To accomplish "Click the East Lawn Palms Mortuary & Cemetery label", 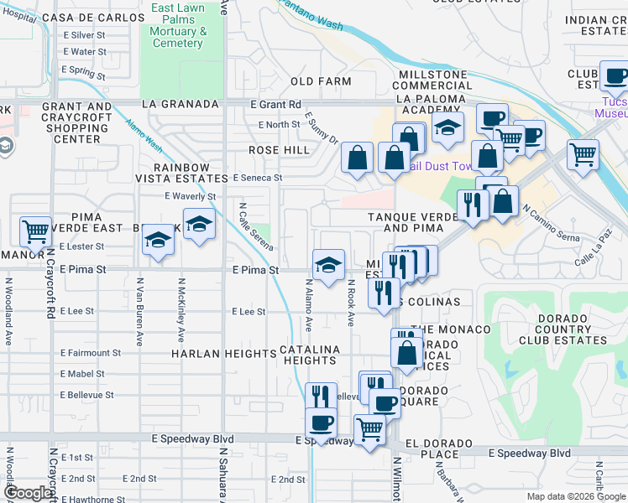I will pos(178,25).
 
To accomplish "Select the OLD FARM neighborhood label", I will pos(321,81).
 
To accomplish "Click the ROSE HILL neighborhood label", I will pos(279,149).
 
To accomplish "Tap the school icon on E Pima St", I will pos(329,265).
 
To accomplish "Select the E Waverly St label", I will pos(190,196).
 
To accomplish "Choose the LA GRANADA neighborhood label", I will pos(181,104).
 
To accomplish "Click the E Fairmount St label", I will pos(90,353).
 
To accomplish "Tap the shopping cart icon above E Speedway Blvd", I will pos(369,429).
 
